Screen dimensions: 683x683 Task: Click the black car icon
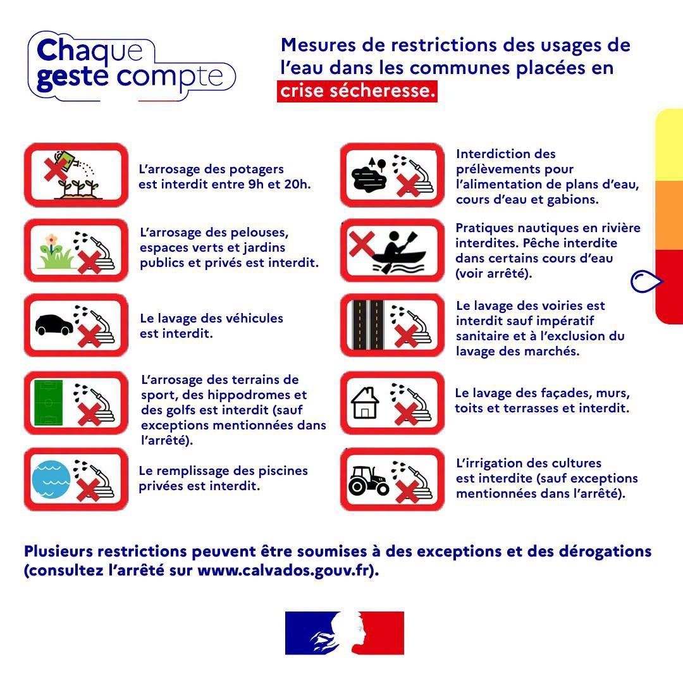54,325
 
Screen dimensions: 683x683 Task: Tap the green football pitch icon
48,402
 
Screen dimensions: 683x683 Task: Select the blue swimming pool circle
51,479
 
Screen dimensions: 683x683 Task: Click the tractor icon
369,481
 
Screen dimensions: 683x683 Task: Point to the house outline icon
365,403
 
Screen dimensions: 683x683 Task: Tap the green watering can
66,161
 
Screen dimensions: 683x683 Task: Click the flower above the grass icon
51,241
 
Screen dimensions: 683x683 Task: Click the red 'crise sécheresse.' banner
357,91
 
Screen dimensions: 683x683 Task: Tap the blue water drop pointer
646,281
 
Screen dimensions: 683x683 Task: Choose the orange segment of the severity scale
669,216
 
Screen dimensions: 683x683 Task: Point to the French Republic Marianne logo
345,633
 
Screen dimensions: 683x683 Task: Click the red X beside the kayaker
362,243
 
